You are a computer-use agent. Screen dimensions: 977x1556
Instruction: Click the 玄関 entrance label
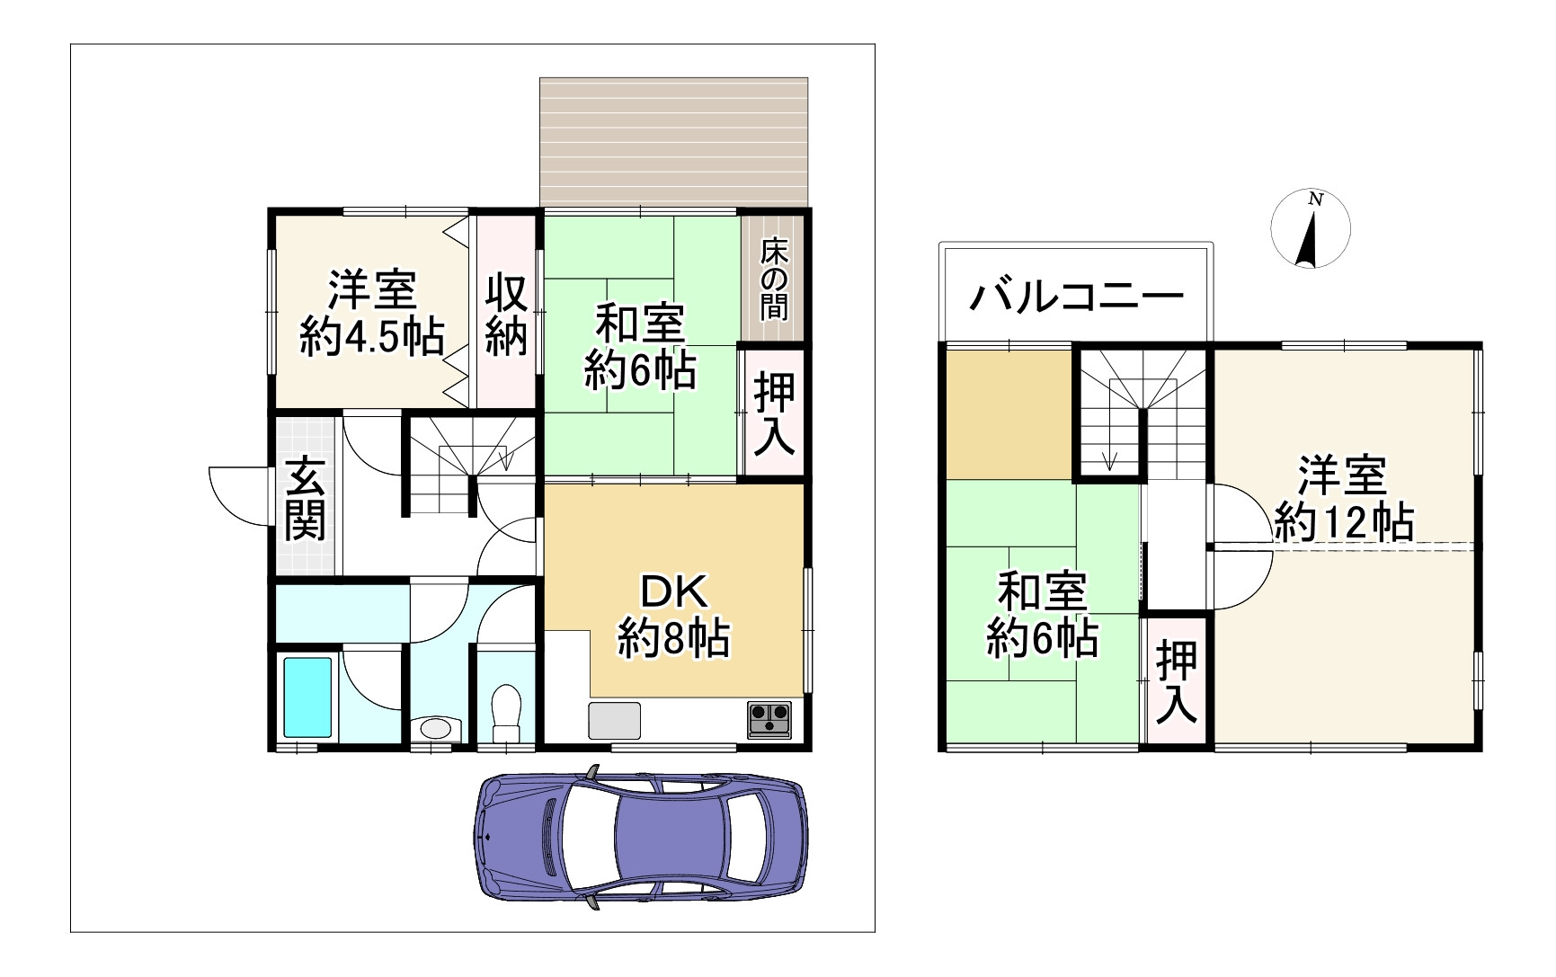tap(306, 498)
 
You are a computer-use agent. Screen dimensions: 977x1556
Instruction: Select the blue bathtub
tap(307, 697)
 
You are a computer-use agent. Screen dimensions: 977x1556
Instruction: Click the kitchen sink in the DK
tap(615, 720)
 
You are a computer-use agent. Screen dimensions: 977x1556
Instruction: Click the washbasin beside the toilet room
tap(436, 727)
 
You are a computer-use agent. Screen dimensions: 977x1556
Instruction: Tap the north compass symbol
tap(1311, 229)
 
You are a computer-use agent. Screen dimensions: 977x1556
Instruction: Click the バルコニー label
tap(1075, 296)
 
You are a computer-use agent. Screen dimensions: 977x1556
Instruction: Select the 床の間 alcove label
tap(774, 279)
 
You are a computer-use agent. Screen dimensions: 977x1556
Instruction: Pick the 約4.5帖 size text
tap(371, 338)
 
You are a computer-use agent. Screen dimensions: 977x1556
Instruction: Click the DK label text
tap(673, 592)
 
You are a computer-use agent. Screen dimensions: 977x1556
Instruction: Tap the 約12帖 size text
tap(1344, 521)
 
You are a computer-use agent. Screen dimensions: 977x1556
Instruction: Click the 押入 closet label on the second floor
tap(1177, 683)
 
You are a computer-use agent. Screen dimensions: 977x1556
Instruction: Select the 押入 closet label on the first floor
tap(774, 413)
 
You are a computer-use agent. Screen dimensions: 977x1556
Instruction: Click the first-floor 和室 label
tap(640, 324)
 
